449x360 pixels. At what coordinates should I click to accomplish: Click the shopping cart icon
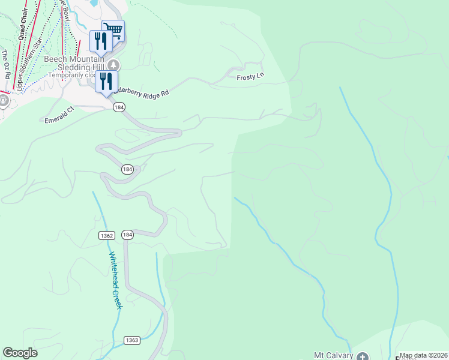[x=113, y=29]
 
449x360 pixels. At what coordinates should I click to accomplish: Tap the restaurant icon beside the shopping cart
[x=100, y=41]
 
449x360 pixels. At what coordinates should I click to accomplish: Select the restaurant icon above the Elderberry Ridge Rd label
[x=106, y=82]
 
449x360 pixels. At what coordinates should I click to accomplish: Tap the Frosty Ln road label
[x=252, y=76]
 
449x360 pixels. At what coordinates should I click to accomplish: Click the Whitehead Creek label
[x=115, y=280]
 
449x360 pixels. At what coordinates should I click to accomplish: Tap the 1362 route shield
[x=107, y=235]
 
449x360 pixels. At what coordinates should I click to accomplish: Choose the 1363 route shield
[x=132, y=340]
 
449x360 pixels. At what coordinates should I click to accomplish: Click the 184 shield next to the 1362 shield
[x=127, y=234]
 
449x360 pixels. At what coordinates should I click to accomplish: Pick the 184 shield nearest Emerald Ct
[x=118, y=107]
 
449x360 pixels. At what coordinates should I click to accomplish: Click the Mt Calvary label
[x=331, y=356]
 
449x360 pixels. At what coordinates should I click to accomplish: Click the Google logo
[x=20, y=353]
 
